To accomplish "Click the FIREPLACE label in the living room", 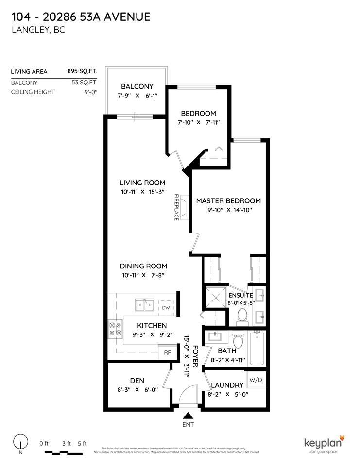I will pyautogui.click(x=177, y=208).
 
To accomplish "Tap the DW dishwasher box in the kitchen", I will pyautogui.click(x=166, y=308).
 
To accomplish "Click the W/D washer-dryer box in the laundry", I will pyautogui.click(x=256, y=379).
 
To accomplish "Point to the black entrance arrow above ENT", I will pyautogui.click(x=188, y=415).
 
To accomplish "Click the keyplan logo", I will pyautogui.click(x=324, y=443).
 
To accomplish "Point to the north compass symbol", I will pyautogui.click(x=20, y=442).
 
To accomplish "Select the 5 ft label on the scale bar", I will pyautogui.click(x=82, y=443).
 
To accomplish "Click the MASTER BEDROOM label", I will pyautogui.click(x=228, y=200).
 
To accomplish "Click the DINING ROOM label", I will pyautogui.click(x=144, y=266).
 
